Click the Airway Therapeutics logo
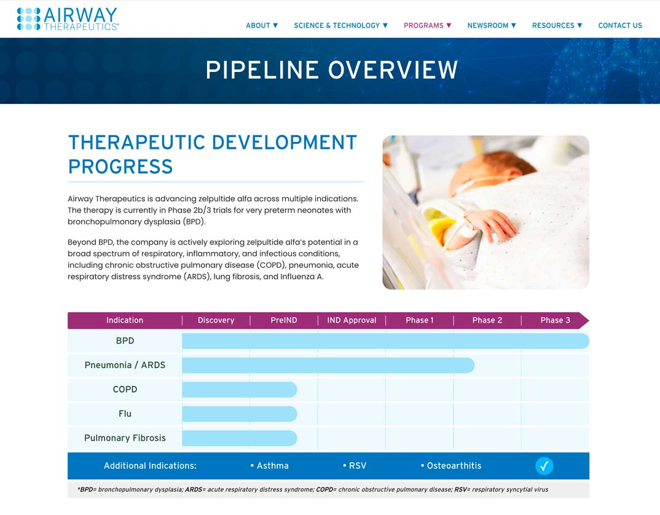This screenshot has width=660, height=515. point(68,19)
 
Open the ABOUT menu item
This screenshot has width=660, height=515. point(262,25)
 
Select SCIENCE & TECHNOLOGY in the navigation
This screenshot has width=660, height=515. point(340,25)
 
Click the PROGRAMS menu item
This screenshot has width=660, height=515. point(427,25)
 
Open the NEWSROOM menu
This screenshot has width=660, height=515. point(492,25)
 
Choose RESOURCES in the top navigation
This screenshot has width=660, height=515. point(557,25)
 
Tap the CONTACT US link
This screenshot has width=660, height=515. point(620,25)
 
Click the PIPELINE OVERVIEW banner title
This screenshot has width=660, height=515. point(332,70)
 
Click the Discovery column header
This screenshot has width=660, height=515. point(216,320)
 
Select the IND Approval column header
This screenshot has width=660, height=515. point(352,320)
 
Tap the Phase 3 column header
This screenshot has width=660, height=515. point(555,320)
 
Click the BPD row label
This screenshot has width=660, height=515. point(125,340)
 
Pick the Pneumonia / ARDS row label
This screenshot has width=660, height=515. point(125,365)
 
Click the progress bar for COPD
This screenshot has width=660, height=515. point(240,390)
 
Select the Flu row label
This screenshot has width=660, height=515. point(125,414)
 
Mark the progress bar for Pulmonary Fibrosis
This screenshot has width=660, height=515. point(240,438)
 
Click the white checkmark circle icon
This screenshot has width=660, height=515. point(544,466)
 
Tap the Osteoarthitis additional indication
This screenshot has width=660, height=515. point(451,466)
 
